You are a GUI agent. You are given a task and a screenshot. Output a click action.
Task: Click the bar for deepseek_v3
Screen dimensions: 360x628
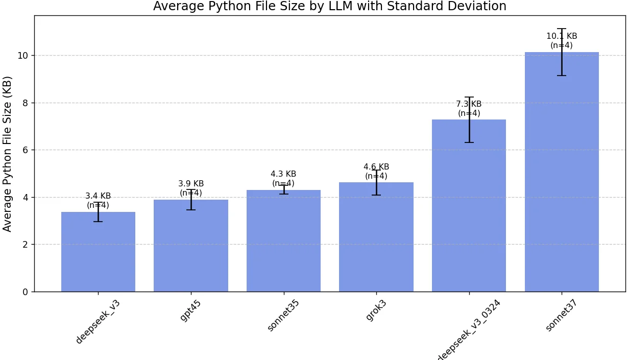98,253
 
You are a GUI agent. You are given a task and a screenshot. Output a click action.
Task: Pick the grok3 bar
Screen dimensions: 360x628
376,237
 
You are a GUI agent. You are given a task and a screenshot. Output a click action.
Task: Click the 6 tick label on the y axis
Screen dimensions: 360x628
26,150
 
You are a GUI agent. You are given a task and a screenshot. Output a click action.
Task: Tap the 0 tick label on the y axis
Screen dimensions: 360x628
26,292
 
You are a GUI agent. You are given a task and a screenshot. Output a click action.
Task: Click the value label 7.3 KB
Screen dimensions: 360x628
469,104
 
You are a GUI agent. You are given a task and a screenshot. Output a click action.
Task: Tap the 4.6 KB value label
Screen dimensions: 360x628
376,167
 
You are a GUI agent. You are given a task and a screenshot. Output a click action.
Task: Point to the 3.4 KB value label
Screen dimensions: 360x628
98,196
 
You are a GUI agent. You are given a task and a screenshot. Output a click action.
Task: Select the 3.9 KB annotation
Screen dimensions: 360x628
191,184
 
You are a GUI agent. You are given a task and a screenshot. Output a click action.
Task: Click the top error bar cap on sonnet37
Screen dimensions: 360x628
562,29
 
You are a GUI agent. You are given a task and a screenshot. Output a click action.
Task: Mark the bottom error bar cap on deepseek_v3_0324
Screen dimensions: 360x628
469,142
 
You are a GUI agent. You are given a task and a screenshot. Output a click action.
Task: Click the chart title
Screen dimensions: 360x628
330,7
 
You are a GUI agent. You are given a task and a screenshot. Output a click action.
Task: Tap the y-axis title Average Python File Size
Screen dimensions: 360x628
8,154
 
